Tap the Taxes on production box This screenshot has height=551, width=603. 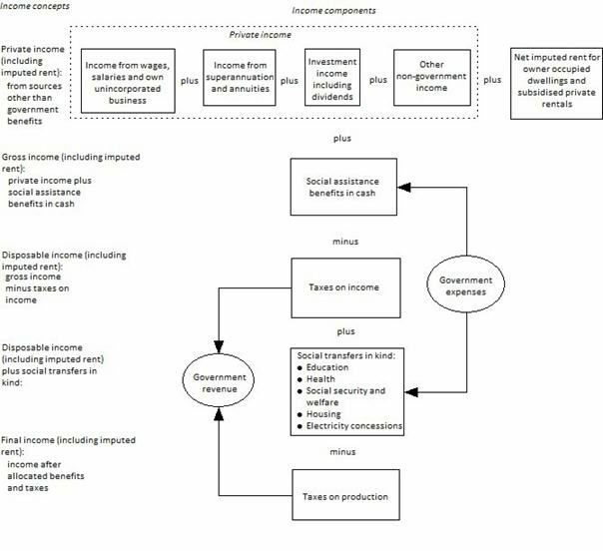(346, 496)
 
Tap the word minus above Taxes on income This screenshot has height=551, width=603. (345, 242)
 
